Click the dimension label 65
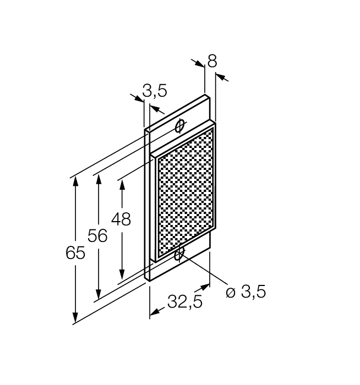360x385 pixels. coord(75,253)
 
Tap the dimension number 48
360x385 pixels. coord(121,219)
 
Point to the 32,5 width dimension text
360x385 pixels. coord(184,302)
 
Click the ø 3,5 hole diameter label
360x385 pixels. coord(246,291)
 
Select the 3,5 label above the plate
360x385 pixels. coord(155,91)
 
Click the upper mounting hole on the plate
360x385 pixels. coord(179,127)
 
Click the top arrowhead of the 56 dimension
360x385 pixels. coord(97,179)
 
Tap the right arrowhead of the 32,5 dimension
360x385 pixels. coord(205,287)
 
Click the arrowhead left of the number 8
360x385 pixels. coord(199,63)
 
